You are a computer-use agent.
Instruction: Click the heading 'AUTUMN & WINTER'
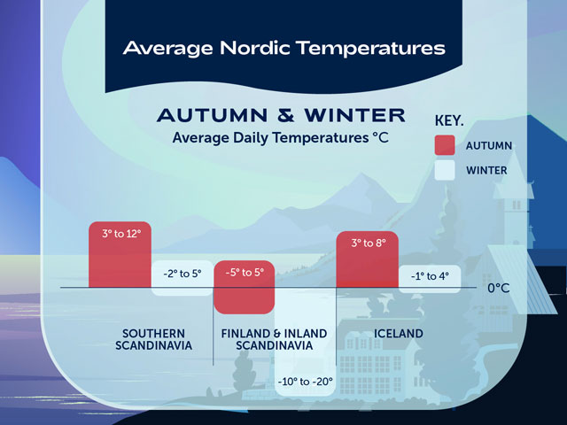point(281,115)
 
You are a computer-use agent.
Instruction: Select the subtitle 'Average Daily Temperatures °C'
point(280,137)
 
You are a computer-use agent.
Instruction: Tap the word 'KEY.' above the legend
point(451,120)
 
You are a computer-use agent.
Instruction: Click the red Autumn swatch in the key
point(445,145)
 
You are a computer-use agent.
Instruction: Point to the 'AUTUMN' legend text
point(489,146)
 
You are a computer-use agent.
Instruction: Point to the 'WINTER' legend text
point(486,170)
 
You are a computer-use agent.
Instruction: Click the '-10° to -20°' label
point(305,382)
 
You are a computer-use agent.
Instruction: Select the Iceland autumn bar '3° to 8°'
point(368,259)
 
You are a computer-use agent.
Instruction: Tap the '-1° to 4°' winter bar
point(429,275)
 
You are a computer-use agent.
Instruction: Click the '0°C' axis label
point(499,288)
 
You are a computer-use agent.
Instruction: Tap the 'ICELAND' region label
point(397,333)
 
